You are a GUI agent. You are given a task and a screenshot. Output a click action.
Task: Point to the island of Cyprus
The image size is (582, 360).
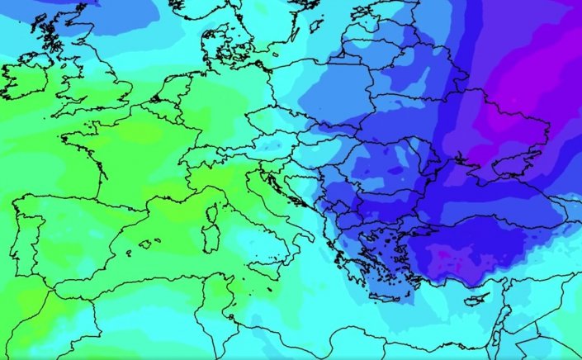[476, 299]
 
